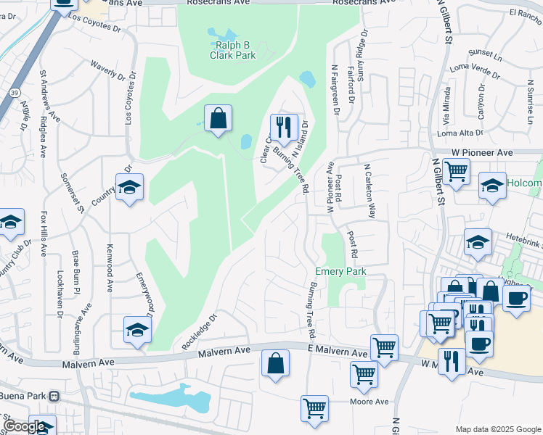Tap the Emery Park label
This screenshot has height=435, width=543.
(340, 271)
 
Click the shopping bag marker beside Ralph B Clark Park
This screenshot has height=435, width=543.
(218, 117)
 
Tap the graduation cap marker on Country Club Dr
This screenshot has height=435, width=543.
(129, 187)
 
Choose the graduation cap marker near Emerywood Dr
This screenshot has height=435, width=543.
(137, 330)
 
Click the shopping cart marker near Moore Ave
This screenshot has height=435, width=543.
(315, 408)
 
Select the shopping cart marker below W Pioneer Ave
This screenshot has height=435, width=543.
(456, 173)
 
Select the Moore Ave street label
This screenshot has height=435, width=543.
(370, 402)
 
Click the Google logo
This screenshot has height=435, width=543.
(25, 426)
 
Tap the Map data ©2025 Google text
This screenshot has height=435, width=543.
(497, 429)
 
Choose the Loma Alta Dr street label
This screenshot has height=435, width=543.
(461, 133)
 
